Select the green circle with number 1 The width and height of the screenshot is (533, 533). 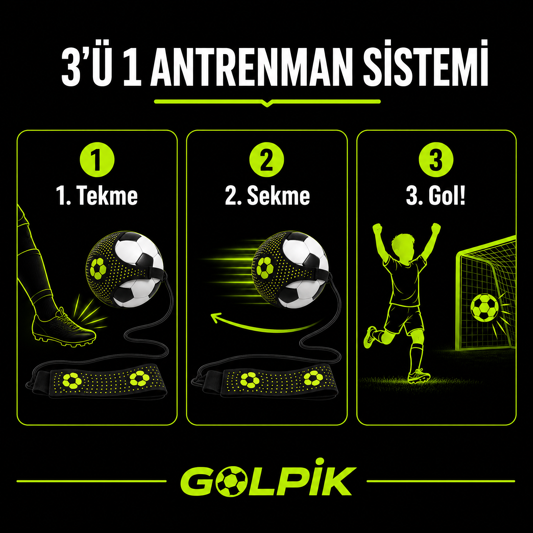click(97, 160)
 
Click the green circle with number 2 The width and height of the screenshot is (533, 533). click(266, 160)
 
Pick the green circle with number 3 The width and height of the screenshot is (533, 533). click(436, 160)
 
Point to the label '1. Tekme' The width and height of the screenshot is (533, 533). click(97, 196)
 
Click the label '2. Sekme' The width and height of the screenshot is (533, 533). click(267, 196)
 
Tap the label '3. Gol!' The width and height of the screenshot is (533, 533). click(436, 196)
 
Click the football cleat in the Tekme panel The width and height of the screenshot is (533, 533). click(64, 328)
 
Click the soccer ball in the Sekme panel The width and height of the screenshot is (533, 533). click(290, 269)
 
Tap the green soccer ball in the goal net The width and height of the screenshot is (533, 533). click(484, 308)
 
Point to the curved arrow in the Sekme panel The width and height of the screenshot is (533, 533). click(264, 330)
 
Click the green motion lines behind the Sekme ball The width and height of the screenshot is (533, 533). click(230, 266)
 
